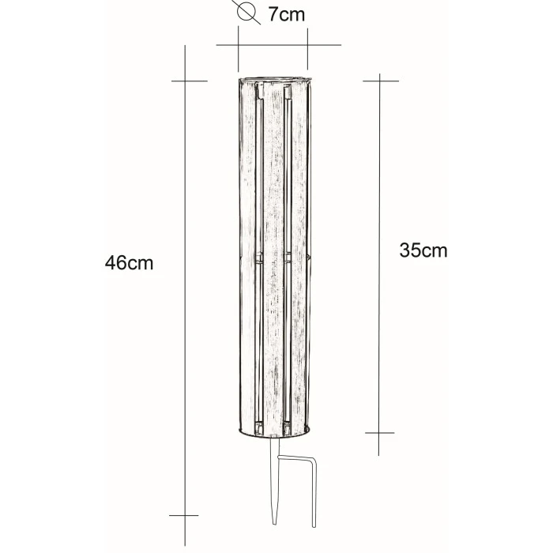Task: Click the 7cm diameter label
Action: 286,14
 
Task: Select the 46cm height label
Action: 129,263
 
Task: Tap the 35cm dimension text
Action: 423,250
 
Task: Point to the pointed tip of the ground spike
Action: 274,523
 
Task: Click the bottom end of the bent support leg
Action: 314,525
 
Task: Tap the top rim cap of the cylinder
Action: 274,79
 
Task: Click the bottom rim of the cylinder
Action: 274,434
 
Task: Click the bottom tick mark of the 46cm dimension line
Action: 184,515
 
